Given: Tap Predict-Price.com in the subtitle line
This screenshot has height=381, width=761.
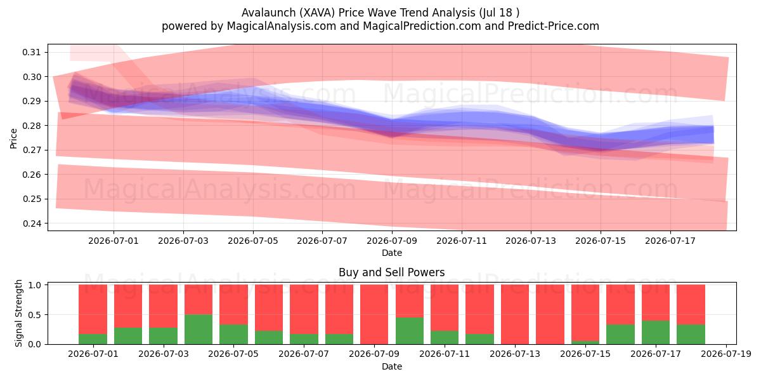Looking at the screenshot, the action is coord(554,26).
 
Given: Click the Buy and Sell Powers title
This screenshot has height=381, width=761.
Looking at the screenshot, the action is coord(392,272).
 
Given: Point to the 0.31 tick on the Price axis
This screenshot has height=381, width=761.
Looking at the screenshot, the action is coord(31,52).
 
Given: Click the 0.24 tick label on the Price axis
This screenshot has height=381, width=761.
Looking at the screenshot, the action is coord(31,224).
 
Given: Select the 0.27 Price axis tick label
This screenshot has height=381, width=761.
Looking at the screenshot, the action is coord(31,150).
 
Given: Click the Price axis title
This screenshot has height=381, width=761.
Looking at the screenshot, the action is coord(13,138).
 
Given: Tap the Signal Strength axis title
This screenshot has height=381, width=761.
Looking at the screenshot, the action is coord(18,313).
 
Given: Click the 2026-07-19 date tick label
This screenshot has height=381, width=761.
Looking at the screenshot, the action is coord(726,354).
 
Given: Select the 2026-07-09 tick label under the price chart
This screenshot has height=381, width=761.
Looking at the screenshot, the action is coord(392,241).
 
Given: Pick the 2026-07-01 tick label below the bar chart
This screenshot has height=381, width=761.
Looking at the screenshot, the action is coord(93,354).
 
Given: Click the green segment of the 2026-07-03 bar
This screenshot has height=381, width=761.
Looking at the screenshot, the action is coord(163,336).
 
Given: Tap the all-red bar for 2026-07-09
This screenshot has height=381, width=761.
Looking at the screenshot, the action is coord(374,314).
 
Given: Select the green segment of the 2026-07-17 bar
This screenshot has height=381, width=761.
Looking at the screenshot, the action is coord(656,332).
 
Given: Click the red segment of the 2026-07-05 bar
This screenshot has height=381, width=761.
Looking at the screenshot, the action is coord(233,304).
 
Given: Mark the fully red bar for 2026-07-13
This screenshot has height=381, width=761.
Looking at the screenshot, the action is coord(515,314).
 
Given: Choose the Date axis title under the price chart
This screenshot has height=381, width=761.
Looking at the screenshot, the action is coord(392,253).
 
